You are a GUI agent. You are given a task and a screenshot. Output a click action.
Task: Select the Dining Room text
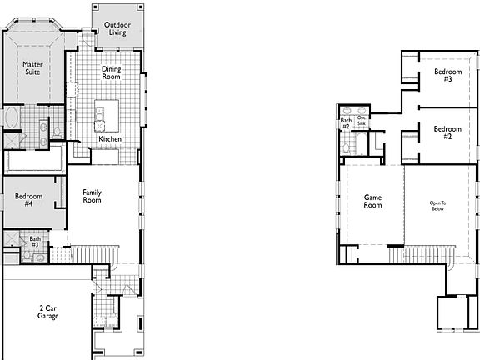(x=112, y=74)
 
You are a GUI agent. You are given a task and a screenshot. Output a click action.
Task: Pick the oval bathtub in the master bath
(x=13, y=118)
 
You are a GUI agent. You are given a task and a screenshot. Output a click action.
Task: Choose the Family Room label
(x=92, y=196)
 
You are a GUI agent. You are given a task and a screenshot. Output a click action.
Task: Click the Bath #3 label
(x=35, y=242)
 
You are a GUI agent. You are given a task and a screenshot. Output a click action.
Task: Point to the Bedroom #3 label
(x=443, y=75)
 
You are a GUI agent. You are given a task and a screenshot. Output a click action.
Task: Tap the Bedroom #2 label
(x=447, y=132)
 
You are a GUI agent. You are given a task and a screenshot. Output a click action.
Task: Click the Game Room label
(x=372, y=201)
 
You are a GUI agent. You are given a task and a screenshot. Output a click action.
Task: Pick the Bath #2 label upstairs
(x=346, y=122)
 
